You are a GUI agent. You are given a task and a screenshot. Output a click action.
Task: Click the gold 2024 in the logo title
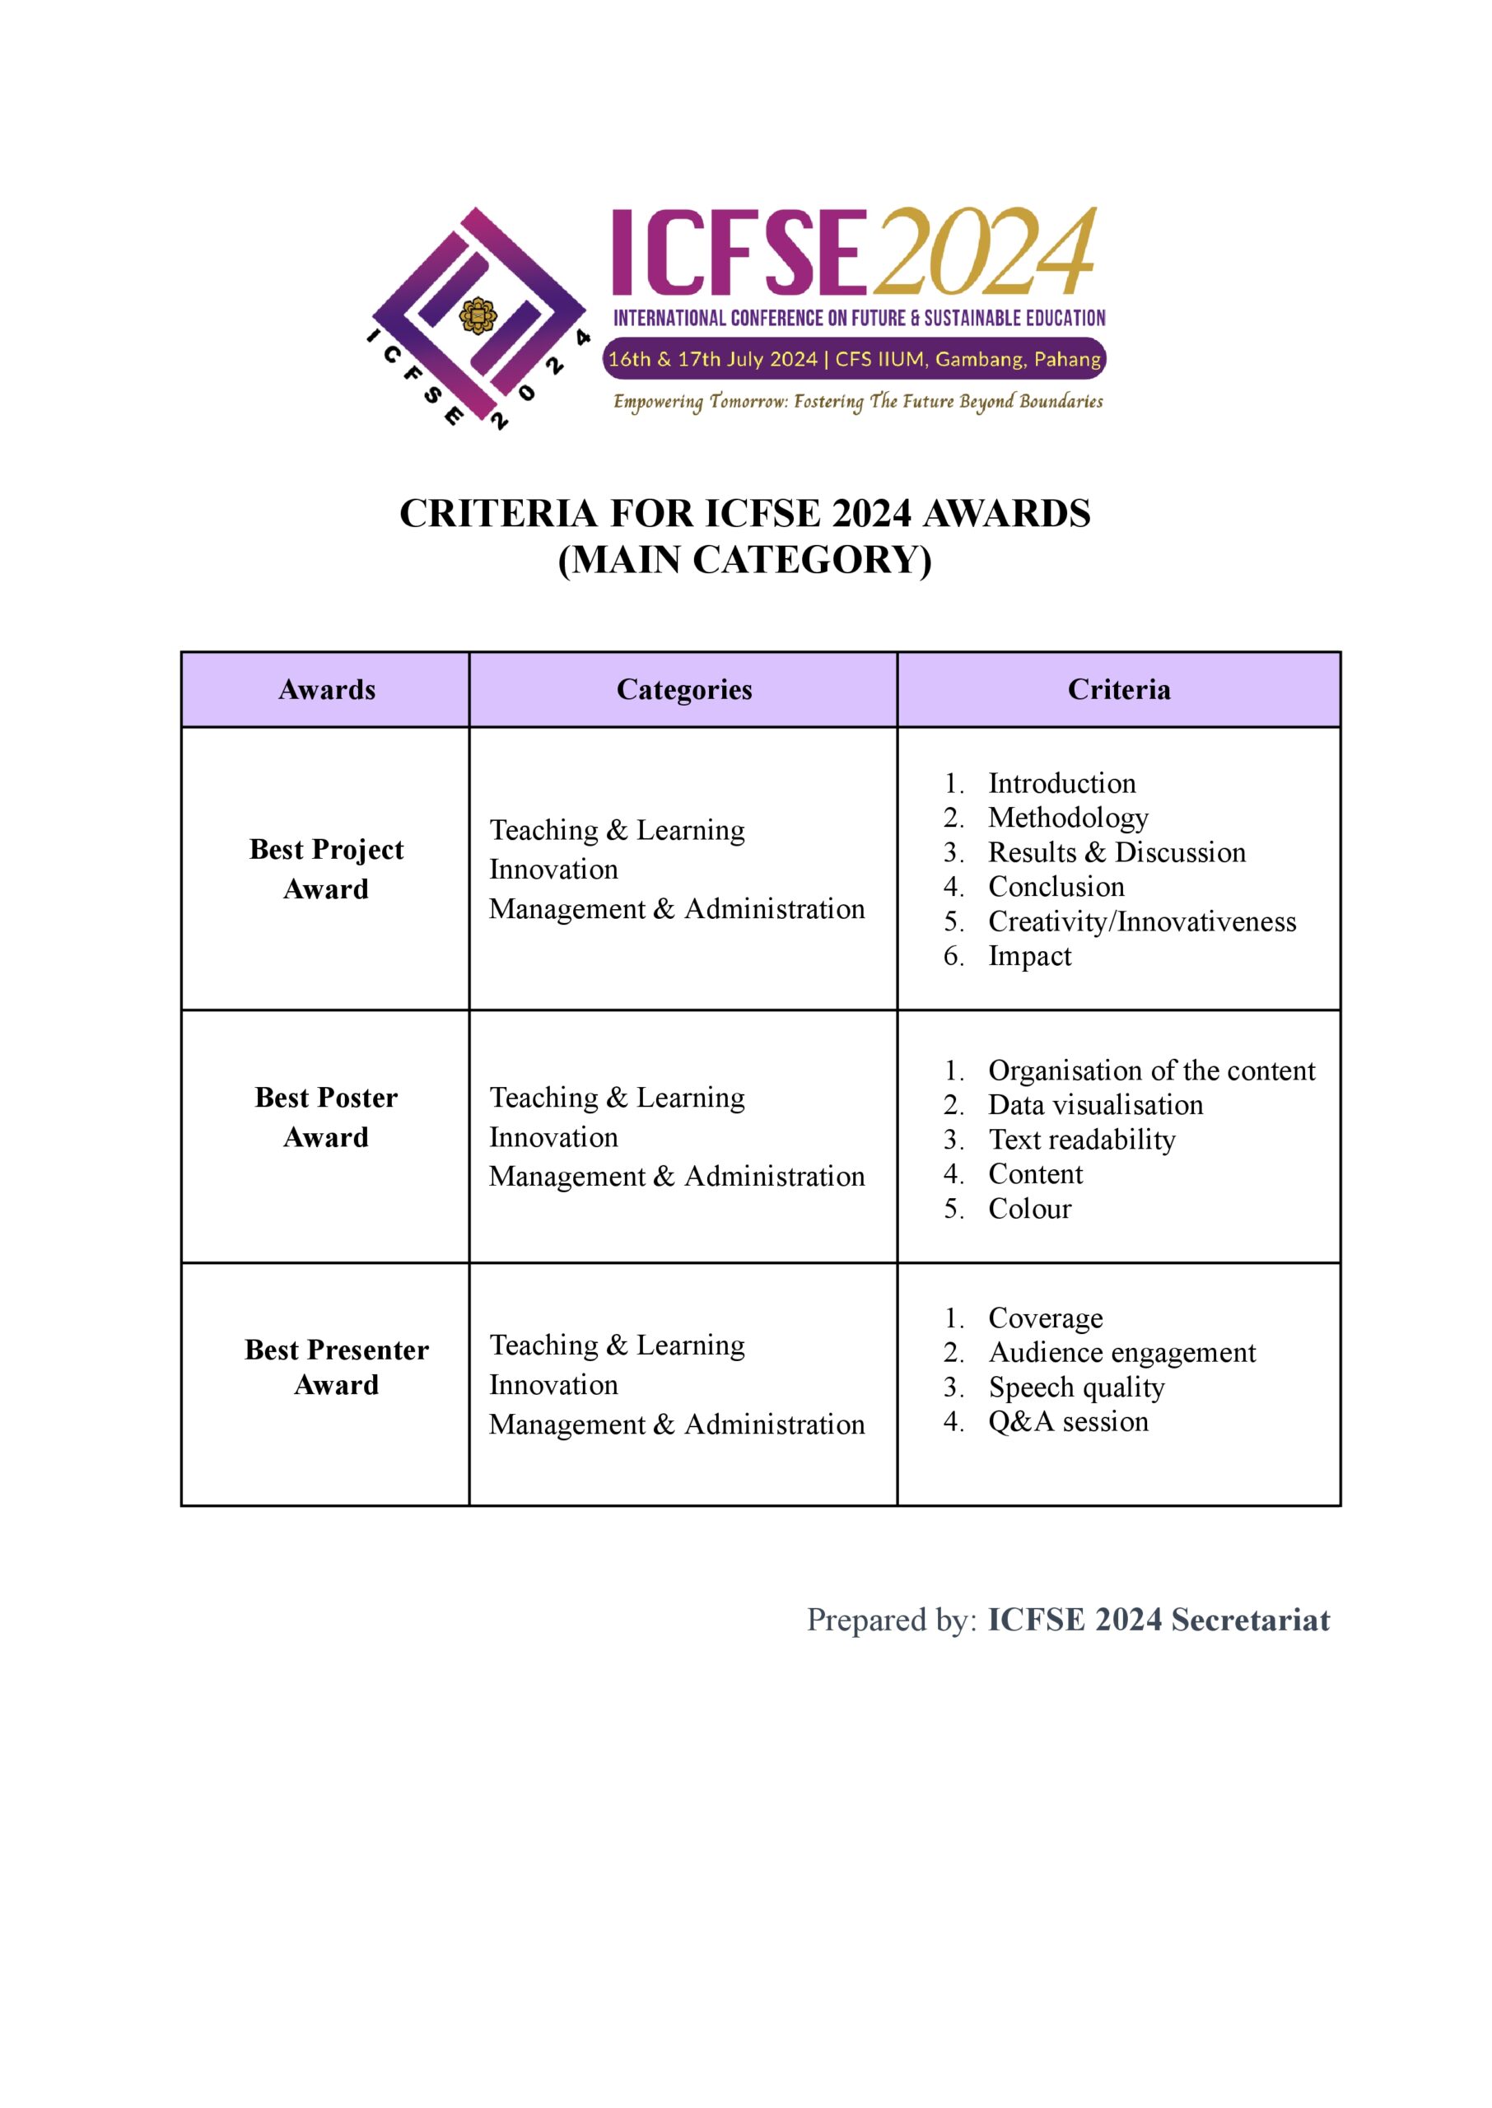pos(985,250)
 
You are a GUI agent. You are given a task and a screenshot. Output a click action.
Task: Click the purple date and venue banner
pos(855,359)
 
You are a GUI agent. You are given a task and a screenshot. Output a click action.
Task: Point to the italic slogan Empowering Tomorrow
pos(857,401)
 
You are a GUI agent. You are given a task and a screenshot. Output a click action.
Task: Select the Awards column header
pos(326,690)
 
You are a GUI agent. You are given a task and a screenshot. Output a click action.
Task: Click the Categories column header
pos(683,690)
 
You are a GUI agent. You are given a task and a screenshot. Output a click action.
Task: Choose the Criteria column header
pos(1118,690)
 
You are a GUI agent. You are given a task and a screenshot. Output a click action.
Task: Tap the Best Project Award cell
pos(326,869)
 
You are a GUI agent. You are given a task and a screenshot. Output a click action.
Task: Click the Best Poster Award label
pos(326,1117)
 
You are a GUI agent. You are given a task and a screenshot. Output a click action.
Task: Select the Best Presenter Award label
pos(336,1367)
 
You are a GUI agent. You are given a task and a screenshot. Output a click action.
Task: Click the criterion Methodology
pos(1068,818)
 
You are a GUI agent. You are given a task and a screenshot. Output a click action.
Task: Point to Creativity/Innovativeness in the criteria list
pos(1141,921)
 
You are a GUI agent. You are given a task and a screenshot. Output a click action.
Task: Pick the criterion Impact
pos(1029,956)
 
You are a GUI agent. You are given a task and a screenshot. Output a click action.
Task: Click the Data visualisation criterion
pos(1095,1105)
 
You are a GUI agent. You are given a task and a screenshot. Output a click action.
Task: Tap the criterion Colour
pos(1029,1209)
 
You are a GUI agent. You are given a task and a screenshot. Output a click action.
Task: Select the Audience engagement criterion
pos(1121,1353)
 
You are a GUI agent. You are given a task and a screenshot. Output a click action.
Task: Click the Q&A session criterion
pos(1068,1422)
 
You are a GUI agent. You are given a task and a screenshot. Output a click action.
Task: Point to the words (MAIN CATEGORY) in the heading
pos(745,559)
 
